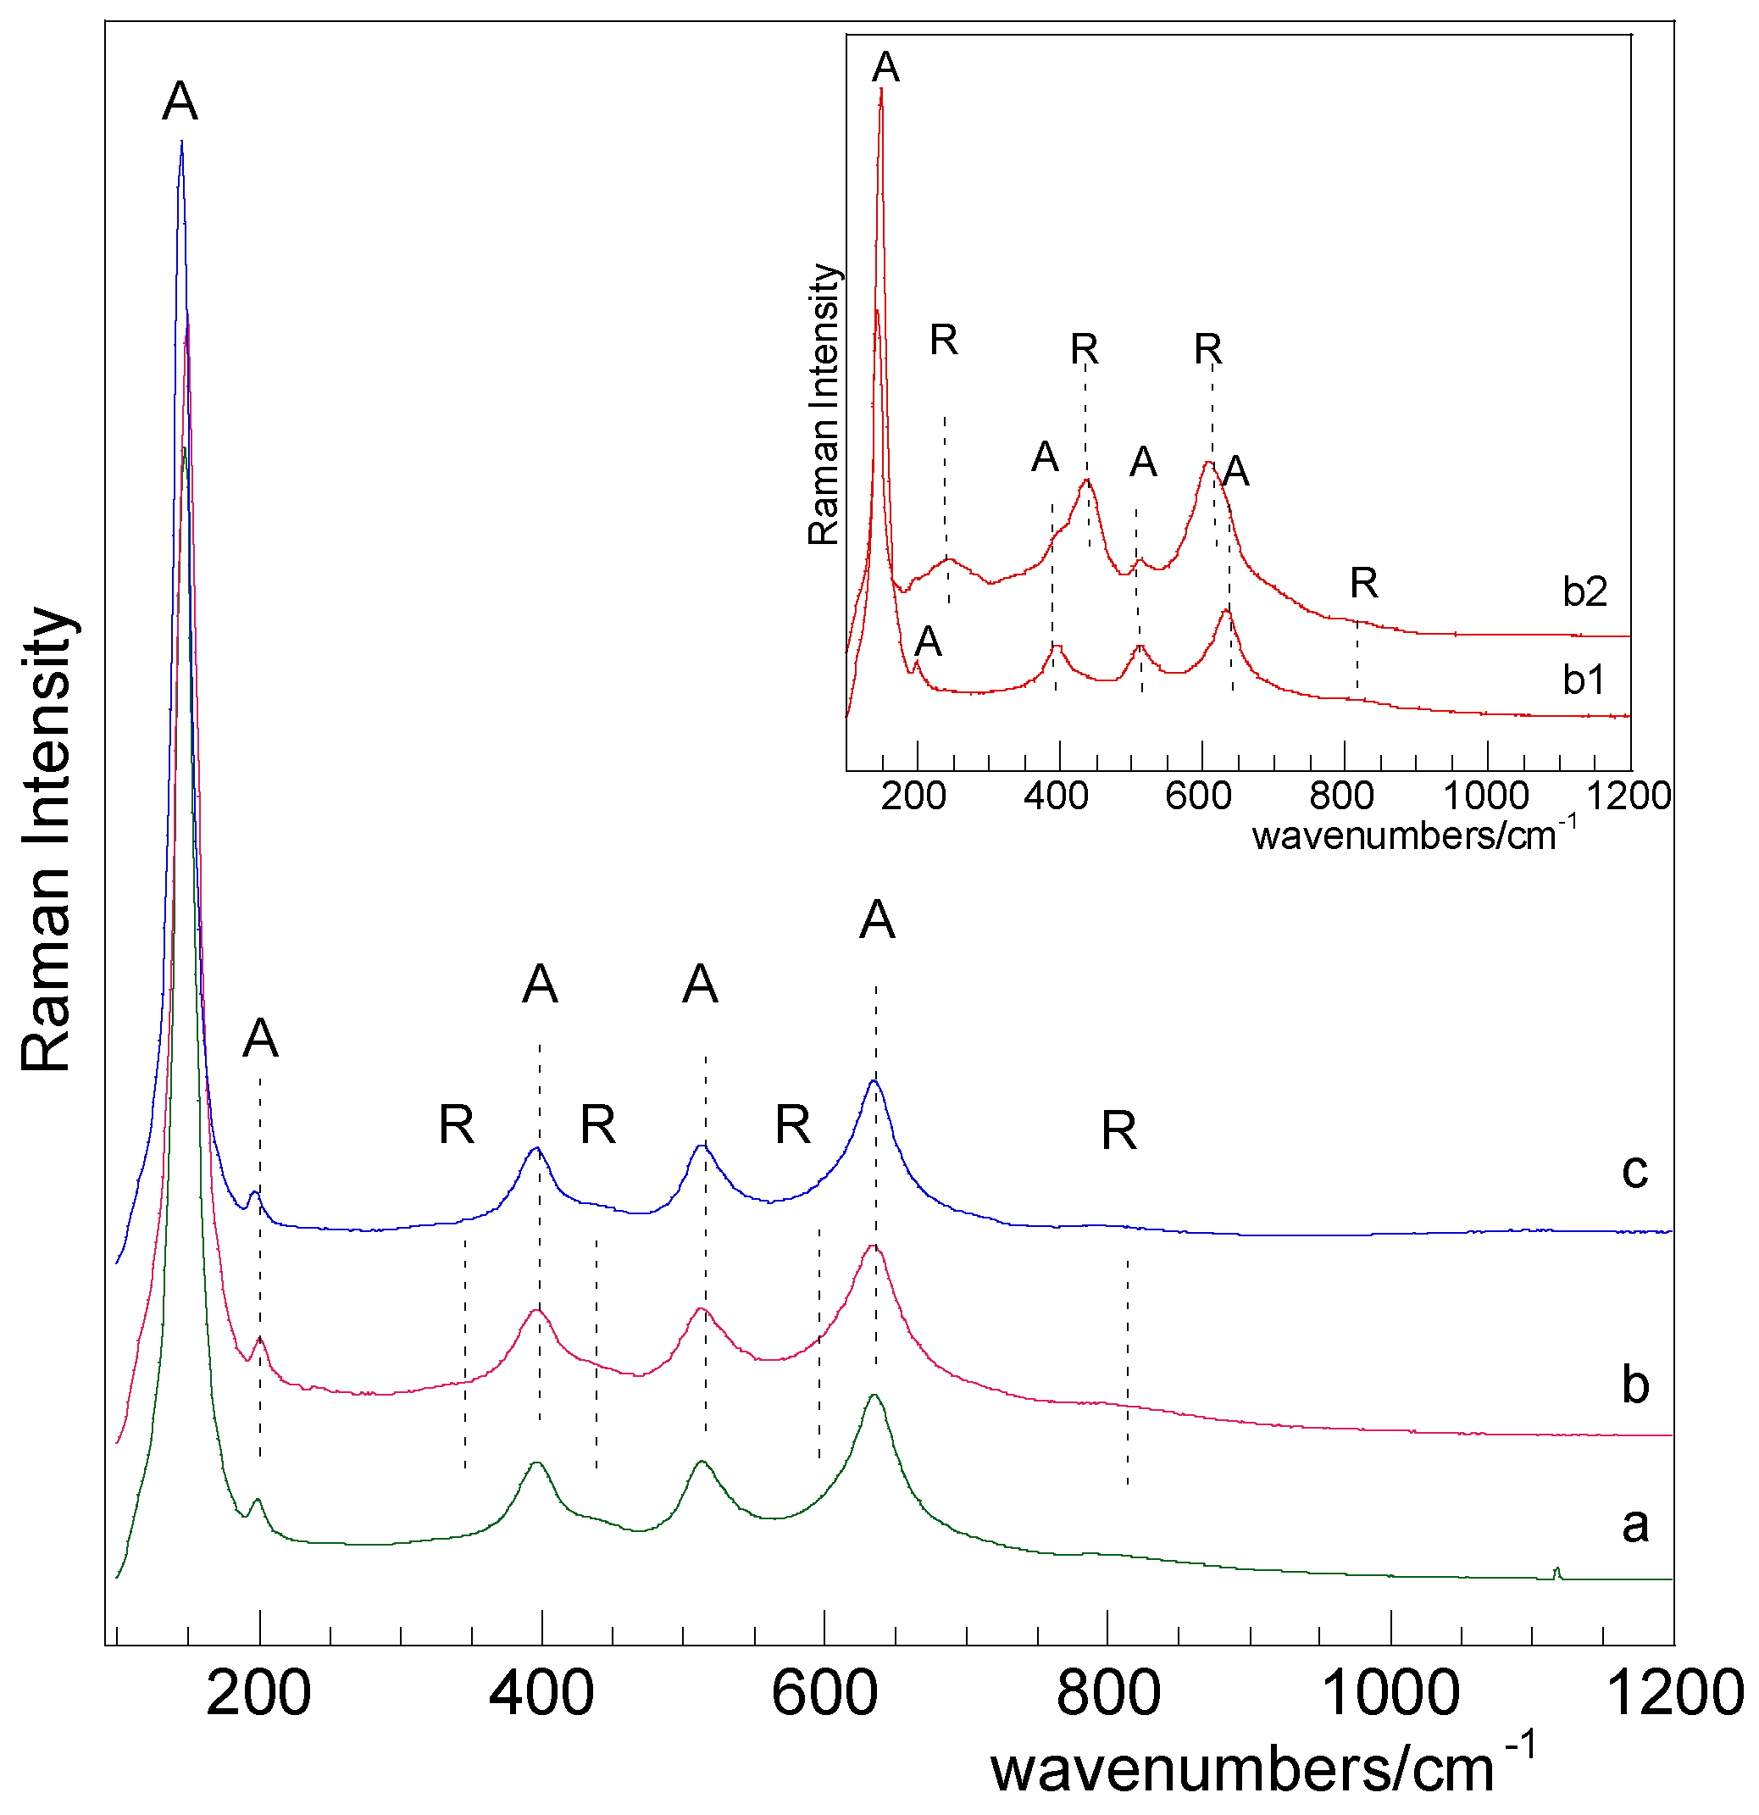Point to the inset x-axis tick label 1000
[x=1486, y=796]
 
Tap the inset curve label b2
[x=1585, y=591]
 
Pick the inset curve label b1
[x=1583, y=680]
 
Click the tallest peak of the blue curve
[x=181, y=143]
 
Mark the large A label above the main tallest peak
[x=180, y=102]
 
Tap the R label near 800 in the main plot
[x=1118, y=1130]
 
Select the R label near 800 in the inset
[x=1363, y=583]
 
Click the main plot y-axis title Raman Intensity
[x=47, y=839]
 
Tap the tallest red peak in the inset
[x=881, y=91]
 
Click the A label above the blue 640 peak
[x=877, y=920]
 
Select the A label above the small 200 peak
[x=260, y=1038]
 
